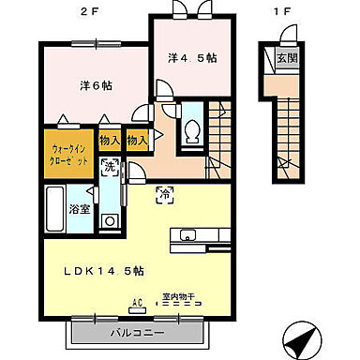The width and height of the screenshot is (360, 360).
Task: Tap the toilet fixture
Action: pyautogui.click(x=192, y=130)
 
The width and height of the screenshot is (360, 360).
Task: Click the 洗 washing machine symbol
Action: pyautogui.click(x=111, y=166)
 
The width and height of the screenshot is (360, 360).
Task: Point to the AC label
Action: pyautogui.click(x=137, y=302)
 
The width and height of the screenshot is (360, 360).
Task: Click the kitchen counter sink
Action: pyautogui.click(x=187, y=234)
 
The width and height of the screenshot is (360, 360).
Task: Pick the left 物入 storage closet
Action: pyautogui.click(x=110, y=140)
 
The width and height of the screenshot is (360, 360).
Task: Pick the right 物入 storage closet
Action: pyautogui.click(x=137, y=140)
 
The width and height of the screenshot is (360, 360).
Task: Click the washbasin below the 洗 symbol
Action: pyautogui.click(x=111, y=221)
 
